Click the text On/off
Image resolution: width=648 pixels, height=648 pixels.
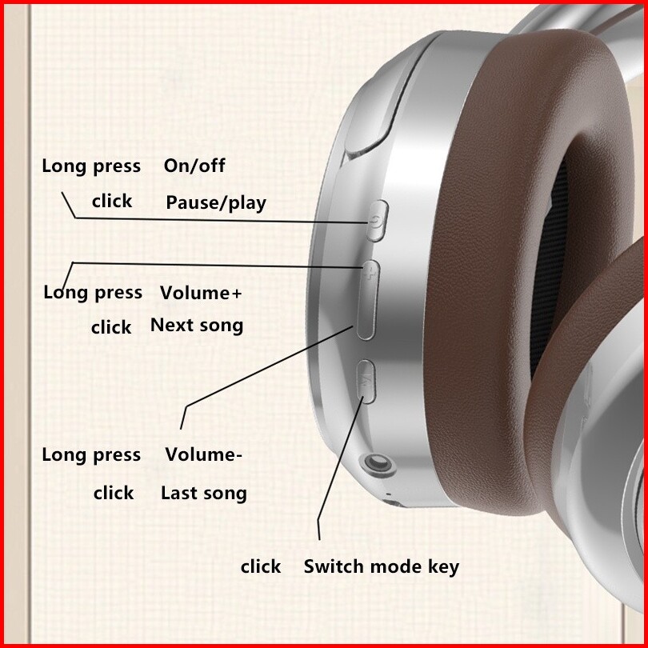click(194, 166)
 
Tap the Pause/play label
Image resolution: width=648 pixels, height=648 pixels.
click(216, 203)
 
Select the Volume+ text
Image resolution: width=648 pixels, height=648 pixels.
click(201, 293)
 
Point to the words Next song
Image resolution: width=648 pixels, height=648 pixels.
click(197, 326)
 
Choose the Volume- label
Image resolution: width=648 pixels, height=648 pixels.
click(204, 455)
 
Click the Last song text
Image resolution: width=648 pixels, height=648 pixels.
click(204, 493)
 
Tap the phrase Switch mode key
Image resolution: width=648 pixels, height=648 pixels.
click(382, 567)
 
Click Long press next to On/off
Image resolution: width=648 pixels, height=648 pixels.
click(91, 166)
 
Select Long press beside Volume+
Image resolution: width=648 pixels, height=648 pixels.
click(93, 293)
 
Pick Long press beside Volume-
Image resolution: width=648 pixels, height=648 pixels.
click(91, 455)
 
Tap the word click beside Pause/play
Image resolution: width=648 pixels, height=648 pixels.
click(112, 201)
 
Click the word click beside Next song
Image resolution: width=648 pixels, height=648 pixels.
click(111, 327)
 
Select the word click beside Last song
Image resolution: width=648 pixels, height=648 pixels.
click(114, 493)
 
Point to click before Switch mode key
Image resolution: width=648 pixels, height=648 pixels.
click(261, 567)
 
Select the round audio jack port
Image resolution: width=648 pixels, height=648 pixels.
click(376, 464)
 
